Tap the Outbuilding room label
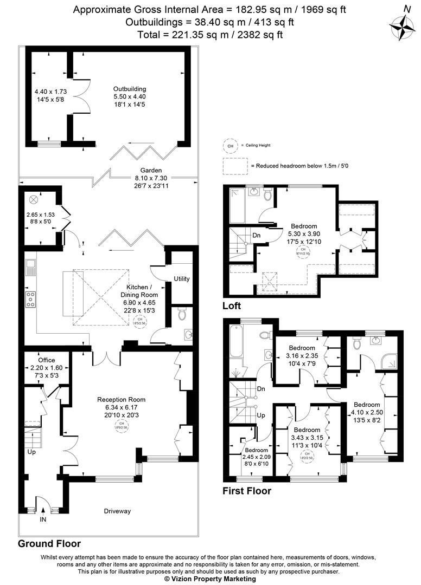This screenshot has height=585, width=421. pyautogui.click(x=130, y=89)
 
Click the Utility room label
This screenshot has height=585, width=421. pyautogui.click(x=181, y=279)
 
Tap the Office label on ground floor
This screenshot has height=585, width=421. pyautogui.click(x=47, y=360)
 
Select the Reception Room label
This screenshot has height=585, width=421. pyautogui.click(x=122, y=400)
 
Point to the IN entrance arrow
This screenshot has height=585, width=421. pyautogui.click(x=43, y=510)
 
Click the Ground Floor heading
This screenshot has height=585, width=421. pyautogui.click(x=49, y=543)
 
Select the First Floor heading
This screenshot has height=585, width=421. pyautogui.click(x=247, y=491)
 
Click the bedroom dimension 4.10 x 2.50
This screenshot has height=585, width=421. pyautogui.click(x=367, y=412)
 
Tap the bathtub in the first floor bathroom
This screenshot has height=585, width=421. pyautogui.click(x=237, y=341)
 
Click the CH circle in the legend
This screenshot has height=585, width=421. pyautogui.click(x=230, y=146)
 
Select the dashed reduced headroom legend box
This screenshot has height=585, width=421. pyautogui.click(x=234, y=165)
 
